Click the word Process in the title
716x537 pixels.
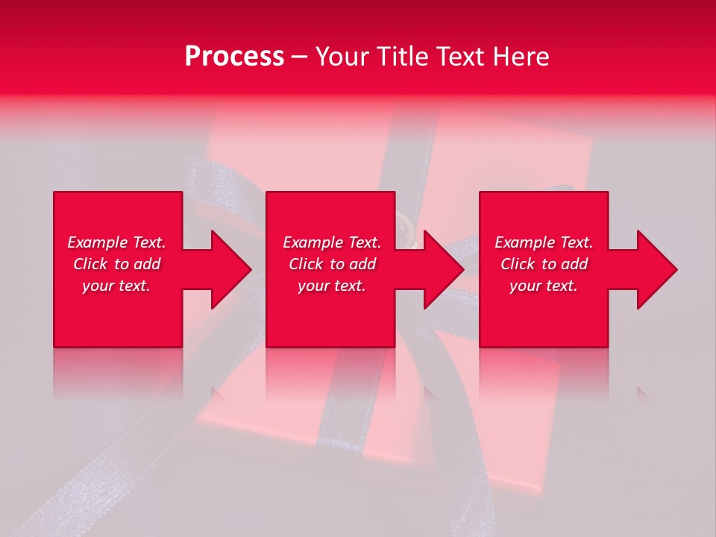point(234,57)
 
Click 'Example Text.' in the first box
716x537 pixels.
point(116,242)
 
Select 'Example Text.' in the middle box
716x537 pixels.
point(332,242)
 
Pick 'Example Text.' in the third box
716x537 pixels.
point(544,242)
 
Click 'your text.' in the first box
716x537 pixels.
point(116,286)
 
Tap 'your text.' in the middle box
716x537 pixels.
point(332,286)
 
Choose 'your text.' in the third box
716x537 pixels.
point(544,286)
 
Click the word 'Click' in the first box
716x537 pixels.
point(91,264)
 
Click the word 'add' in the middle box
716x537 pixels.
point(362,264)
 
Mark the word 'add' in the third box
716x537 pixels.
point(574,264)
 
